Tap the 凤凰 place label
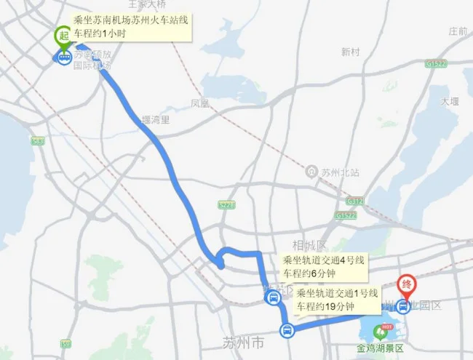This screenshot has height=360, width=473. (199, 104)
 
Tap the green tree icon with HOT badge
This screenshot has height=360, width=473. (380, 332)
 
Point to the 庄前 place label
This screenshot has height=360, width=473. (458, 31)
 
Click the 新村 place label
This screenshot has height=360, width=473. (350, 52)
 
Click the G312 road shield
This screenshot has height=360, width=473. (354, 199)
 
